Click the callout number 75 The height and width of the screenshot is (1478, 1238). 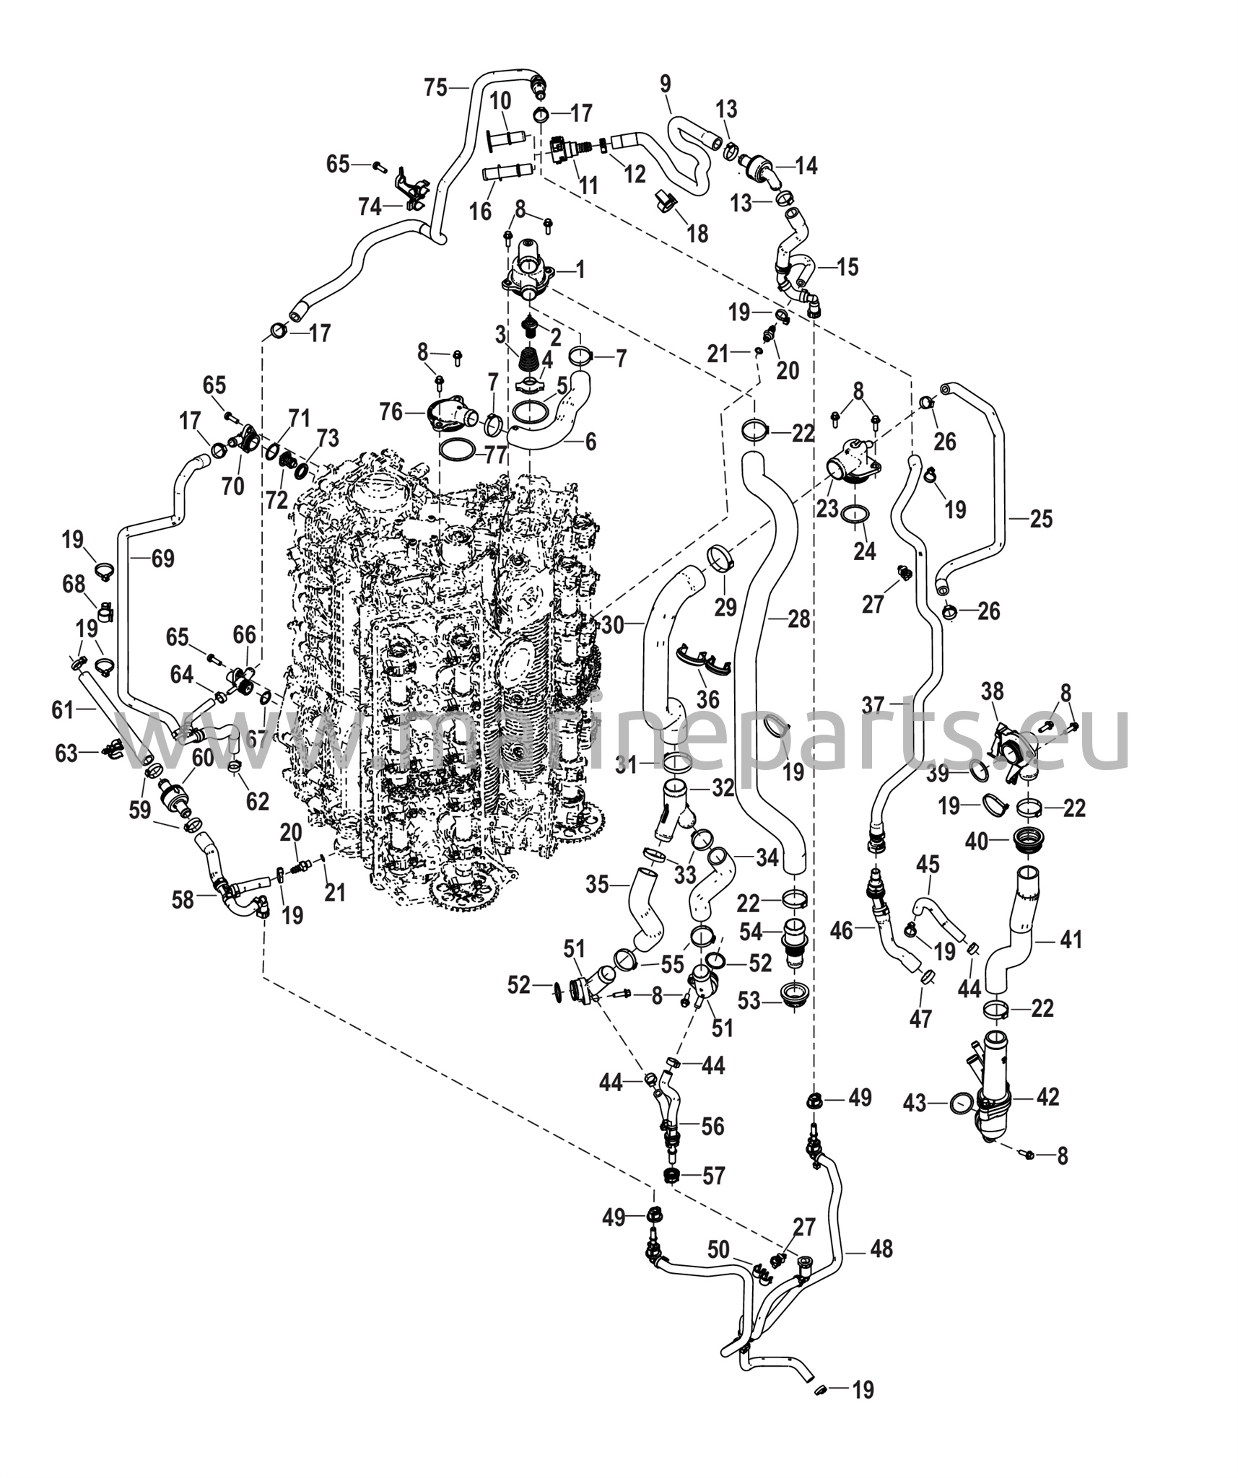pyautogui.click(x=436, y=88)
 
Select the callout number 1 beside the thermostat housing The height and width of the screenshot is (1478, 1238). pyautogui.click(x=580, y=270)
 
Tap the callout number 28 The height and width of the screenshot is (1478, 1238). pyautogui.click(x=799, y=618)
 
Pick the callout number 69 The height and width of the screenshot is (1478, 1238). pyautogui.click(x=162, y=558)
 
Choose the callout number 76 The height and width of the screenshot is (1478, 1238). pyautogui.click(x=392, y=412)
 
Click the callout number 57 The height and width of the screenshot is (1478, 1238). pyautogui.click(x=713, y=1176)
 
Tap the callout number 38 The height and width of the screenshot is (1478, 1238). pyautogui.click(x=993, y=691)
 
